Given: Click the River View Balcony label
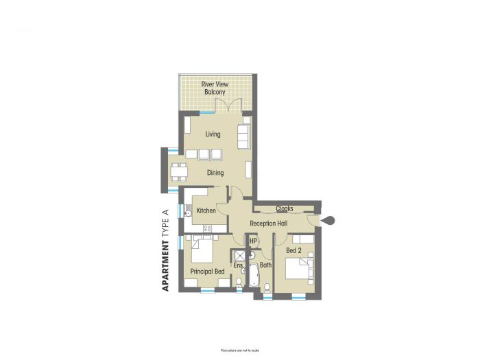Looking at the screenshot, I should pyautogui.click(x=214, y=88).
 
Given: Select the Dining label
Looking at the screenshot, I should pyautogui.click(x=216, y=173).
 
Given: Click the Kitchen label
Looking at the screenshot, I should pyautogui.click(x=206, y=211).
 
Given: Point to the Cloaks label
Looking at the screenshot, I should pyautogui.click(x=285, y=208).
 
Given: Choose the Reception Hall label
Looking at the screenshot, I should pyautogui.click(x=268, y=224).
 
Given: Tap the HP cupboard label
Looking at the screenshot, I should pyautogui.click(x=253, y=241).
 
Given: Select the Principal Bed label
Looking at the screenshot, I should pyautogui.click(x=207, y=272).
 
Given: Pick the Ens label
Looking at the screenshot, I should pyautogui.click(x=239, y=265).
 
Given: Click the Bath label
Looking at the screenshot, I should pyautogui.click(x=265, y=265).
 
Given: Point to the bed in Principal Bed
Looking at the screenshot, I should pyautogui.click(x=202, y=251).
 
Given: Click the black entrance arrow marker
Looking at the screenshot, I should pyautogui.click(x=329, y=220).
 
